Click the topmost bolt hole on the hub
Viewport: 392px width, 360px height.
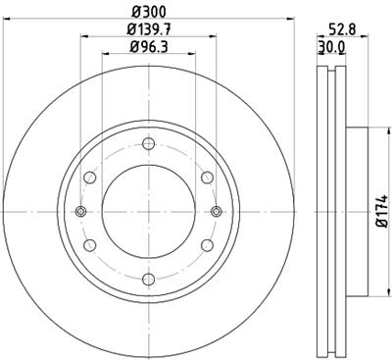click(x=148, y=145)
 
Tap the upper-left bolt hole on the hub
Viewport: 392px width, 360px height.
click(x=90, y=178)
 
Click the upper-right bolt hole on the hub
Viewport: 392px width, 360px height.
click(x=207, y=178)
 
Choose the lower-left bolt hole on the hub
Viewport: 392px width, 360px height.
click(x=90, y=246)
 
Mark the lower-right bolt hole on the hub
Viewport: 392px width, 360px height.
click(x=207, y=246)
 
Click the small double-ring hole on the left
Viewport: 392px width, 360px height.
click(x=81, y=212)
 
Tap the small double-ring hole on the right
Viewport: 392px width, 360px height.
click(x=216, y=212)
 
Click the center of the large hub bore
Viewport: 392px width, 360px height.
click(x=148, y=212)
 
